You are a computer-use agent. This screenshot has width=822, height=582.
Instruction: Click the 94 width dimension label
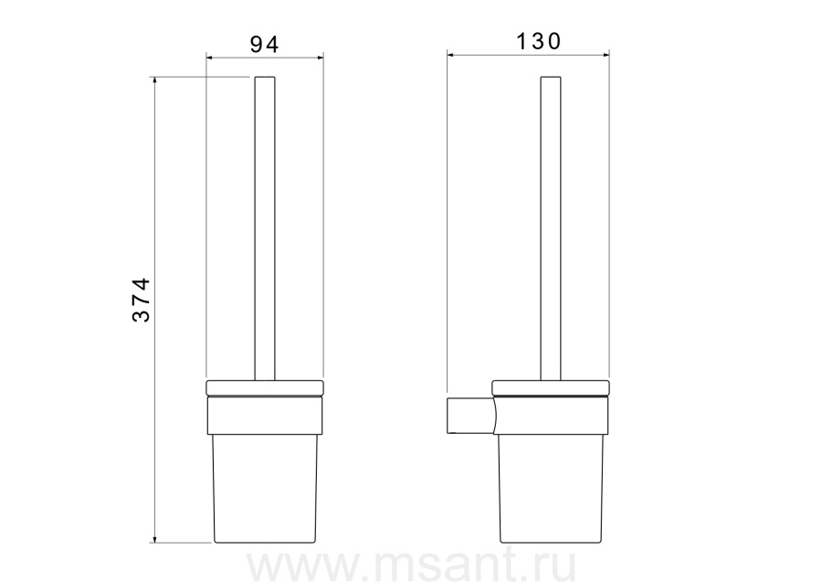264,44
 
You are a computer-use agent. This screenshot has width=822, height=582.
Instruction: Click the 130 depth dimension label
538,41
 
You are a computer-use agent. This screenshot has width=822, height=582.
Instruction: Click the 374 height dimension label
141,300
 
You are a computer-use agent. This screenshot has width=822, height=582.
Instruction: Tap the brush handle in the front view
265,228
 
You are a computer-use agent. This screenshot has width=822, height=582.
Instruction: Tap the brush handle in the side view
551,228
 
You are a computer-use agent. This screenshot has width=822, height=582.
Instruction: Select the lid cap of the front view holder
265,388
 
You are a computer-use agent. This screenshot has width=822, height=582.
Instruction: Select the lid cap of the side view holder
551,388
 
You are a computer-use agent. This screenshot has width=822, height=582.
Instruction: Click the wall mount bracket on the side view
470,416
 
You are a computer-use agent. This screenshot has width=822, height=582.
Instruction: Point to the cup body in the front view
265,489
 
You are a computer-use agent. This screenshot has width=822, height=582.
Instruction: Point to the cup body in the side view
551,489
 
